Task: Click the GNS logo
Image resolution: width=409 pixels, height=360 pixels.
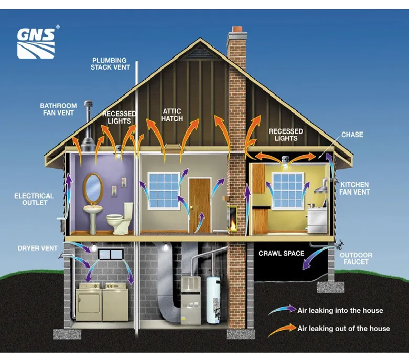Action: coord(36,44)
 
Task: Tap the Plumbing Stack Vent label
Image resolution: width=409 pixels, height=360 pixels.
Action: coord(110,64)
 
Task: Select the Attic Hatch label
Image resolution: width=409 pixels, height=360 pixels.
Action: coord(172,115)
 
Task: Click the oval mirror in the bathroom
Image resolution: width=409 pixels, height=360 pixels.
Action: coord(93,188)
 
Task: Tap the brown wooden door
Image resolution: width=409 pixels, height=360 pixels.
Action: coord(200,205)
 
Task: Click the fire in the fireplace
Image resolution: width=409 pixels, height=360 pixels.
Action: coord(233,224)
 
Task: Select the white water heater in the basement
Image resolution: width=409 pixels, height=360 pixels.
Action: coord(213,300)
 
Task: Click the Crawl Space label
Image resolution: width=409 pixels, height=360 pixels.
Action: coord(282,253)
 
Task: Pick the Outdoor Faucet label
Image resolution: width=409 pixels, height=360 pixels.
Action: coord(356,258)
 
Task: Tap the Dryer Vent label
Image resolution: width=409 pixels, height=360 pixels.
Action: coord(38,248)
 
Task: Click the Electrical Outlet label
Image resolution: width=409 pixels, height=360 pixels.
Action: coord(34,199)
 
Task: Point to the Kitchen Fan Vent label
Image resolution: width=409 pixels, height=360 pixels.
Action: coord(354,188)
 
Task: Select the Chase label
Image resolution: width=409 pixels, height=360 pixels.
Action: coord(352,134)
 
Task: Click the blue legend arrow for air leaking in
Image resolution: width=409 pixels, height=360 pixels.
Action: coord(283,310)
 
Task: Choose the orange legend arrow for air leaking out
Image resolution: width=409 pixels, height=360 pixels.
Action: coord(282,330)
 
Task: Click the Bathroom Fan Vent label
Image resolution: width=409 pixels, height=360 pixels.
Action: coord(58,109)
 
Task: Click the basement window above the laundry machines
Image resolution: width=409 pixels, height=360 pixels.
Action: coord(111,254)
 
